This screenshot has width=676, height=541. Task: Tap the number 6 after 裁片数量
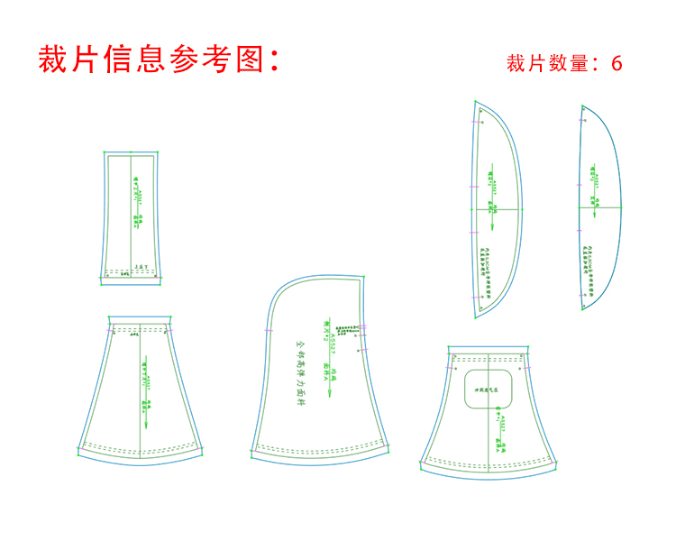[x=617, y=64]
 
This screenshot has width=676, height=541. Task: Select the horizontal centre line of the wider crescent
[x=497, y=209]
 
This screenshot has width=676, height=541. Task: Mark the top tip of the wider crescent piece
[x=475, y=101]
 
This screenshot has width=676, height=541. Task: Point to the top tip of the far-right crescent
[x=582, y=106]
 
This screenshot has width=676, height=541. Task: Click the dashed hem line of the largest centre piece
[x=320, y=445]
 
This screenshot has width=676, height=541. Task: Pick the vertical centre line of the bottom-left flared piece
[x=141, y=388]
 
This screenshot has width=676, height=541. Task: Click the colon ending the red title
[x=275, y=60]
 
